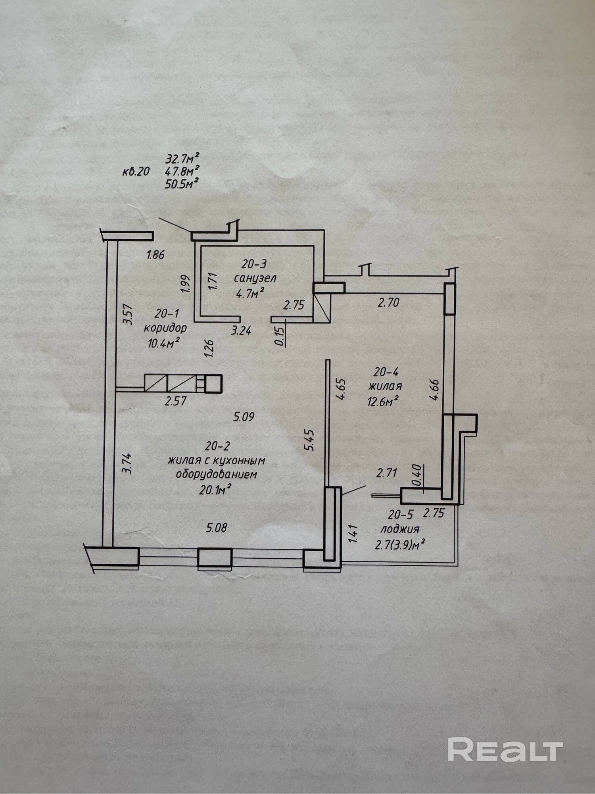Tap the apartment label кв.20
(136, 171)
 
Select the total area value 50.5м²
(182, 184)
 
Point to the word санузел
(255, 278)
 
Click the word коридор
(165, 328)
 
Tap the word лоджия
(400, 529)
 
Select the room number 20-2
(217, 446)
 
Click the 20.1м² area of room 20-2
(215, 490)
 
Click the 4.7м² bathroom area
(250, 294)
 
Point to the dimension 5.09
(244, 417)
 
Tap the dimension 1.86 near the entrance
(155, 254)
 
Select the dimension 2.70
(388, 303)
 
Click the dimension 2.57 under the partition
(175, 401)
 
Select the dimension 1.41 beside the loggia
(354, 534)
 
